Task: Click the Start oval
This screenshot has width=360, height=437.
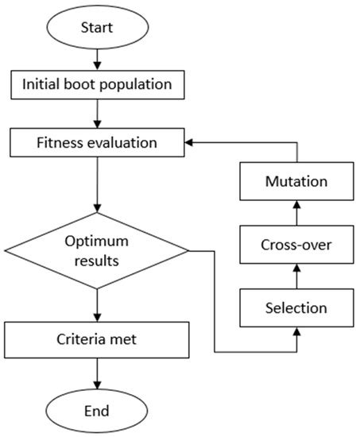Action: click(96, 27)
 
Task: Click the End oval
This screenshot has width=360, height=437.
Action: click(96, 411)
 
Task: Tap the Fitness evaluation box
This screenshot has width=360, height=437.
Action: click(96, 144)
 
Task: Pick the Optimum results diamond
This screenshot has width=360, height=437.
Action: click(96, 251)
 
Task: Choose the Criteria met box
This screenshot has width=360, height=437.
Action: click(96, 338)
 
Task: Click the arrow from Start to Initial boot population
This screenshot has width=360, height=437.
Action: click(96, 58)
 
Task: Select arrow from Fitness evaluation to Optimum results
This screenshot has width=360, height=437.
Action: click(96, 184)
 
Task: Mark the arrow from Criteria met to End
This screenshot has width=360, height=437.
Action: click(96, 373)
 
